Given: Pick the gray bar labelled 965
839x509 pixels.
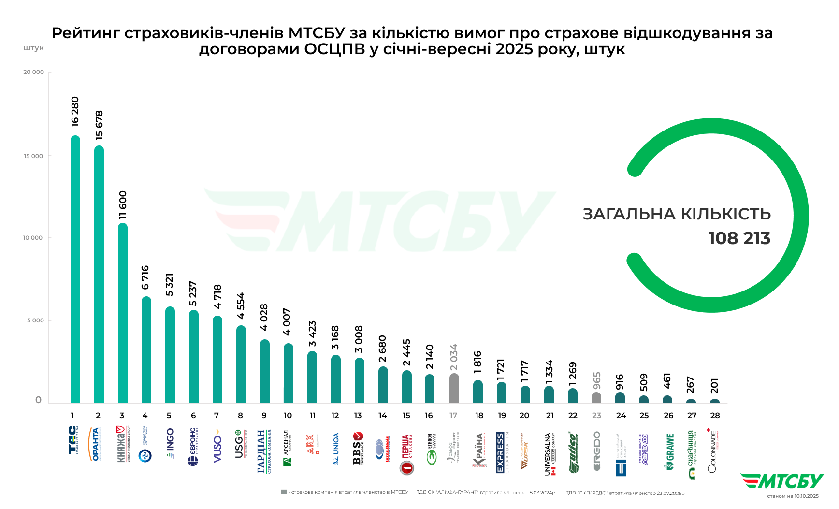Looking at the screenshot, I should [x=596, y=397].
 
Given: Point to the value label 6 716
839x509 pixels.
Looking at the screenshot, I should [x=145, y=277].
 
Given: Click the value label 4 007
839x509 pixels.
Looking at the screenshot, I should [x=287, y=322].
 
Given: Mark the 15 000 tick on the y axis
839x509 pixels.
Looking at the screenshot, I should [x=33, y=156].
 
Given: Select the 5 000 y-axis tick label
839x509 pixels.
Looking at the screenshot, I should [x=35, y=320].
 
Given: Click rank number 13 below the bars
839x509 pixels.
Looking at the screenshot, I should [x=358, y=416].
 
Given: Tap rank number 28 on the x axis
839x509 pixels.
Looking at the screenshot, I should [x=715, y=416].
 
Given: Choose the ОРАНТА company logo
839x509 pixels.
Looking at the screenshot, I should [x=95, y=444].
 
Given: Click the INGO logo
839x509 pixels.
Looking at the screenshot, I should [x=170, y=443].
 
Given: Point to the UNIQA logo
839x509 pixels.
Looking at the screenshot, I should [x=336, y=449].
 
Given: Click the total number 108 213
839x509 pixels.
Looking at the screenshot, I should [x=739, y=238].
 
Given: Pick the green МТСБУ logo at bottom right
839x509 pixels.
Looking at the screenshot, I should [x=782, y=481].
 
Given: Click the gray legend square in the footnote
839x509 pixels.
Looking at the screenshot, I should [x=284, y=492].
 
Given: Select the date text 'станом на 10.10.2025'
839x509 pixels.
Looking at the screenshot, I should [x=793, y=496].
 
